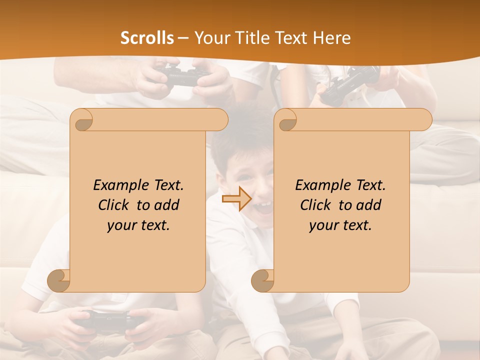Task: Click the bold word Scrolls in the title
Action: pyautogui.click(x=147, y=38)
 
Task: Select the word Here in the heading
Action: pyautogui.click(x=331, y=38)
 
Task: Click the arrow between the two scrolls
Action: pyautogui.click(x=236, y=199)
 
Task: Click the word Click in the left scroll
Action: pyautogui.click(x=115, y=205)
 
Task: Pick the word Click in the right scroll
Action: pyautogui.click(x=317, y=205)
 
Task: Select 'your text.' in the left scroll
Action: pyautogui.click(x=138, y=225)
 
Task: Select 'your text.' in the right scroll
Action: pyautogui.click(x=340, y=225)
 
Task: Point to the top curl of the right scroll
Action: pyautogui.click(x=286, y=120)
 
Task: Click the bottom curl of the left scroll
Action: pyautogui.click(x=58, y=281)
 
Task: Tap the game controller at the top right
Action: pyautogui.click(x=350, y=82)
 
